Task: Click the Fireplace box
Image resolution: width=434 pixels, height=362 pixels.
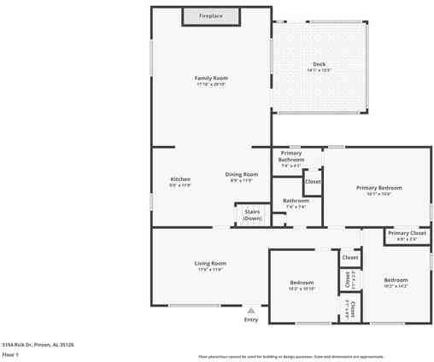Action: coord(211,16)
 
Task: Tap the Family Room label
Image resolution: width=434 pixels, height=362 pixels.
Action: coord(211,78)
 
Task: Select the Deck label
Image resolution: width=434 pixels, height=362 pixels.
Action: coord(319,64)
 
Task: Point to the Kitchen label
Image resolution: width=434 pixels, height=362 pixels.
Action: coord(180,178)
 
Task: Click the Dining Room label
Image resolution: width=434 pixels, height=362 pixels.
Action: coord(242,174)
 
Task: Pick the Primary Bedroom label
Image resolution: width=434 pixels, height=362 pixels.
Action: coord(378,188)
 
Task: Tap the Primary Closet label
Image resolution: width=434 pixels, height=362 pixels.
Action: coord(407,233)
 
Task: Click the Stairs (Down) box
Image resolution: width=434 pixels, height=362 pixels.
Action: coord(252,214)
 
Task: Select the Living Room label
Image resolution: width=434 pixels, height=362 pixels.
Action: coord(210,263)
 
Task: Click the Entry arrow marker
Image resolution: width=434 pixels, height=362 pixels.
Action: coord(250,311)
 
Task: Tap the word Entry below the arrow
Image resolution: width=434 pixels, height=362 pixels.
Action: coord(250,319)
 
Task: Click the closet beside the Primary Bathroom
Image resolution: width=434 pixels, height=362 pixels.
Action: coord(313,182)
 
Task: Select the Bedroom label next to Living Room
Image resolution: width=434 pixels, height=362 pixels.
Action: coord(301,283)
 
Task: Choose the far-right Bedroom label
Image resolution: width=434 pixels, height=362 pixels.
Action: coord(396,280)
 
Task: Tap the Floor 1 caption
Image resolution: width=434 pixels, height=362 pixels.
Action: coord(10,353)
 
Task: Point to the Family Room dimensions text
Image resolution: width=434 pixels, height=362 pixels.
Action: coord(211,84)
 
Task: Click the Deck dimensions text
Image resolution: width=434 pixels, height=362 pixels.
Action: coord(319,70)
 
